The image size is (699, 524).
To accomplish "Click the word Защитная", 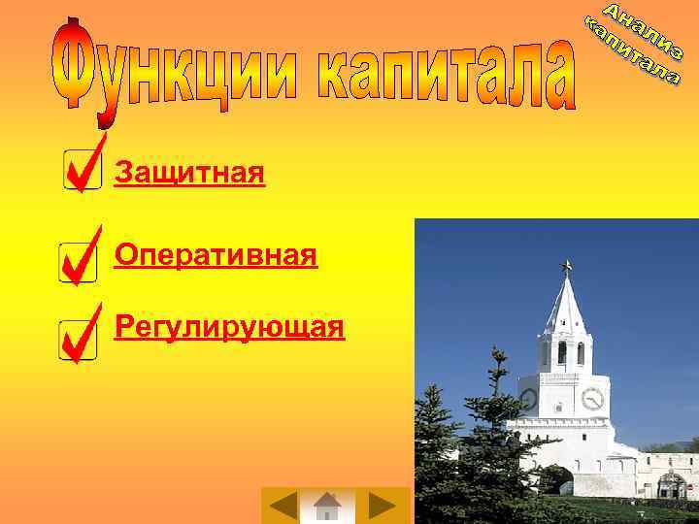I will [x=189, y=175].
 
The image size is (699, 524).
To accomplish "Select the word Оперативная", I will [x=216, y=255].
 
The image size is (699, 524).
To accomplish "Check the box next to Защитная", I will [x=81, y=172].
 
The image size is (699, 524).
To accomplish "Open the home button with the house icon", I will [x=327, y=506].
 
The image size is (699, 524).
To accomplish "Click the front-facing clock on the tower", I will [x=592, y=398].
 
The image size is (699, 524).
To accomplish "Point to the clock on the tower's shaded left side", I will [x=529, y=398].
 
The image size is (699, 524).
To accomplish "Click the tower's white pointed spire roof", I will [x=565, y=306].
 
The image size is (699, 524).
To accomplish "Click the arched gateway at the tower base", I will [x=556, y=479].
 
